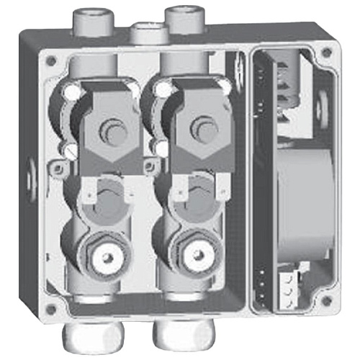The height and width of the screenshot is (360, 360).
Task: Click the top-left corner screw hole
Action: [x=50, y=60]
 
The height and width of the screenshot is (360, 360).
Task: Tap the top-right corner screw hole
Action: [x=328, y=53]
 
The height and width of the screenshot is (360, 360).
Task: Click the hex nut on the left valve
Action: [x=104, y=256]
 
